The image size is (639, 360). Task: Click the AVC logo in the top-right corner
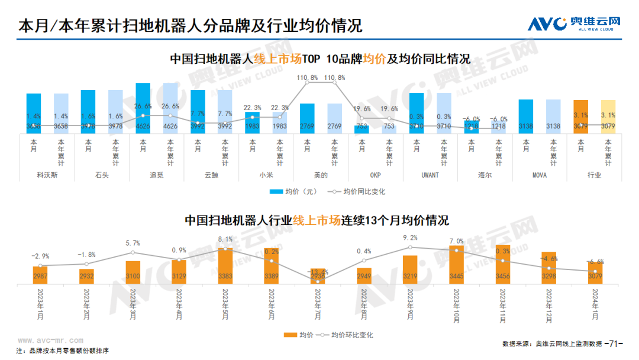(574, 24)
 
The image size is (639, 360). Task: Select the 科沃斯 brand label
(47, 175)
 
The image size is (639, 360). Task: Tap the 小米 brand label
(266, 175)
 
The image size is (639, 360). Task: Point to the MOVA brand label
(538, 175)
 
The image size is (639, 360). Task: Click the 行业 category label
(594, 175)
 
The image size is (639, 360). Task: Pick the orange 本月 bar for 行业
(580, 116)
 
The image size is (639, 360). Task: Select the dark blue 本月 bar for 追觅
(143, 108)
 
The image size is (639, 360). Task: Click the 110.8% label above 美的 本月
(307, 78)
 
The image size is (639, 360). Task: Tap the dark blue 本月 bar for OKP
(362, 128)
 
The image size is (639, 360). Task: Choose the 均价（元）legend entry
(294, 191)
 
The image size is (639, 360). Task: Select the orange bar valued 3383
(225, 266)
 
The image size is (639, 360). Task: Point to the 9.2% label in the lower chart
(410, 238)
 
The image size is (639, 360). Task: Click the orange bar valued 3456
(502, 265)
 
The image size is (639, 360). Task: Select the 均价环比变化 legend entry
(346, 335)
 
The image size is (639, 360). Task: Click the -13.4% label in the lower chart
(318, 272)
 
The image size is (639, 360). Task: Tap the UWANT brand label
(430, 175)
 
